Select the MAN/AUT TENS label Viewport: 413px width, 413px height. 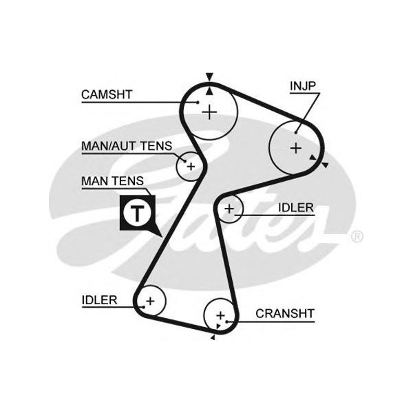pos(126,146)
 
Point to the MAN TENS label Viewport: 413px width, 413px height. pos(112,181)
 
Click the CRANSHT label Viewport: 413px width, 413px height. pos(284,314)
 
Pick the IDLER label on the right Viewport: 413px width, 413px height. pos(296,207)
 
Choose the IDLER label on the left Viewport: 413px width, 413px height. pos(99,300)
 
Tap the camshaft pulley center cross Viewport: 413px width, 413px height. pos(209,111)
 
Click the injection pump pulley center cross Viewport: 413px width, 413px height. pos(295,147)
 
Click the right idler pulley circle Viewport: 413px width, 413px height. pos(229,208)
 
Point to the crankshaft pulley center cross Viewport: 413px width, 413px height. pos(220,315)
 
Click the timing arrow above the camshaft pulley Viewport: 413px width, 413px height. pos(209,78)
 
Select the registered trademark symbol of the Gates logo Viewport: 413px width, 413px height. pos(357,237)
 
